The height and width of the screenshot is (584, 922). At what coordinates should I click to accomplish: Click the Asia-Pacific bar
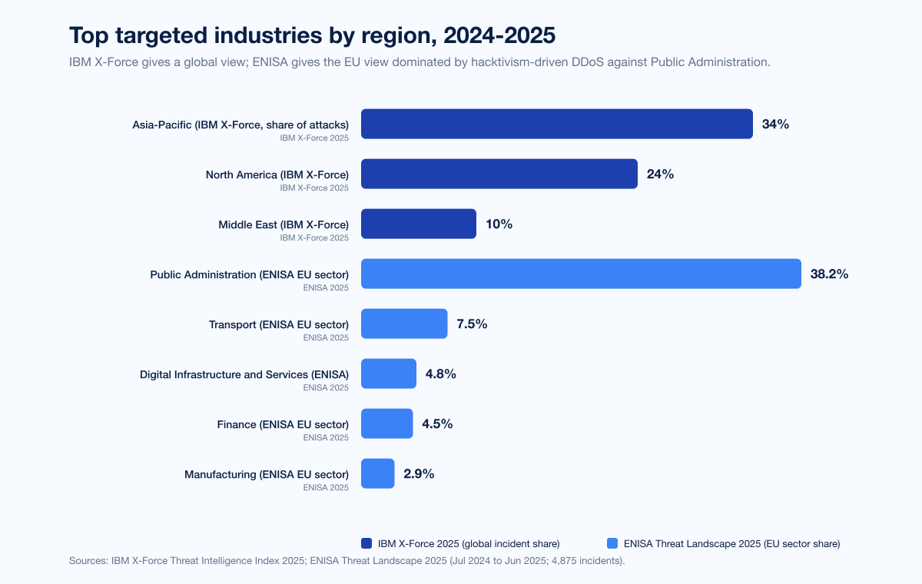[x=556, y=124]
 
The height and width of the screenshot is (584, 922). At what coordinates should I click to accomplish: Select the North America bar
[x=499, y=174]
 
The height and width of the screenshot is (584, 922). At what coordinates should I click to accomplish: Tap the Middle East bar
[x=418, y=224]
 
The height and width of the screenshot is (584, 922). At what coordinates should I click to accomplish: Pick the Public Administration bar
[x=581, y=274]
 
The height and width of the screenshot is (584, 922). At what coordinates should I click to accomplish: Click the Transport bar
[x=404, y=324]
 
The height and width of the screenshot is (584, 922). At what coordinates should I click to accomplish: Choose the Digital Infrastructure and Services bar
[x=389, y=373]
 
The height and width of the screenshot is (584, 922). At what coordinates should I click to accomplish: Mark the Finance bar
[x=386, y=423]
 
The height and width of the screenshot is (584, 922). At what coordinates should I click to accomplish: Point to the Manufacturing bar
[x=377, y=473]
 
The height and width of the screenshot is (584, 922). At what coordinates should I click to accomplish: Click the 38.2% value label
[x=829, y=274]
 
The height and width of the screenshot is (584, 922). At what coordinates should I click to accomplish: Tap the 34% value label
[x=775, y=124]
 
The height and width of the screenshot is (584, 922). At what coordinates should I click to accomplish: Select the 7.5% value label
[x=472, y=324]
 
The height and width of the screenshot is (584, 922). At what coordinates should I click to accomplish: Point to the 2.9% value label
[x=419, y=473]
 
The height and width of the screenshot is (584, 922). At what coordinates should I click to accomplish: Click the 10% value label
[x=499, y=224]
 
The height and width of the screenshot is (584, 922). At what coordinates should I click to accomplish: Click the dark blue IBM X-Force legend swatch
[x=366, y=543]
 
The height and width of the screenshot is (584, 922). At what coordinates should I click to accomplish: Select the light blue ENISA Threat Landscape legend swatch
[x=612, y=543]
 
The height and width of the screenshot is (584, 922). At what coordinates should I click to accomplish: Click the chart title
[x=312, y=35]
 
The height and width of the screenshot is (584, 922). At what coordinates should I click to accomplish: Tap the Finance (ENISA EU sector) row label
[x=283, y=424]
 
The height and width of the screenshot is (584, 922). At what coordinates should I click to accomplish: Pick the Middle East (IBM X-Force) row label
[x=284, y=224]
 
